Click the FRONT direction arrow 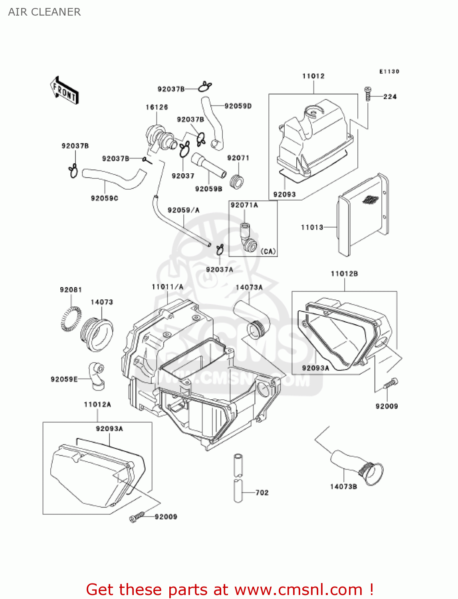click(64, 91)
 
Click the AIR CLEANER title click(44, 12)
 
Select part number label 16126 click(157, 107)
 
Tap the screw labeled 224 click(368, 94)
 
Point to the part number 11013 click(312, 227)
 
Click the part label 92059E click(64, 379)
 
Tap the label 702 click(262, 492)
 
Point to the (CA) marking click(268, 251)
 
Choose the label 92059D click(238, 106)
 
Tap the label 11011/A click(167, 287)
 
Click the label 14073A click(249, 287)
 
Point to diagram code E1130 click(389, 71)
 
